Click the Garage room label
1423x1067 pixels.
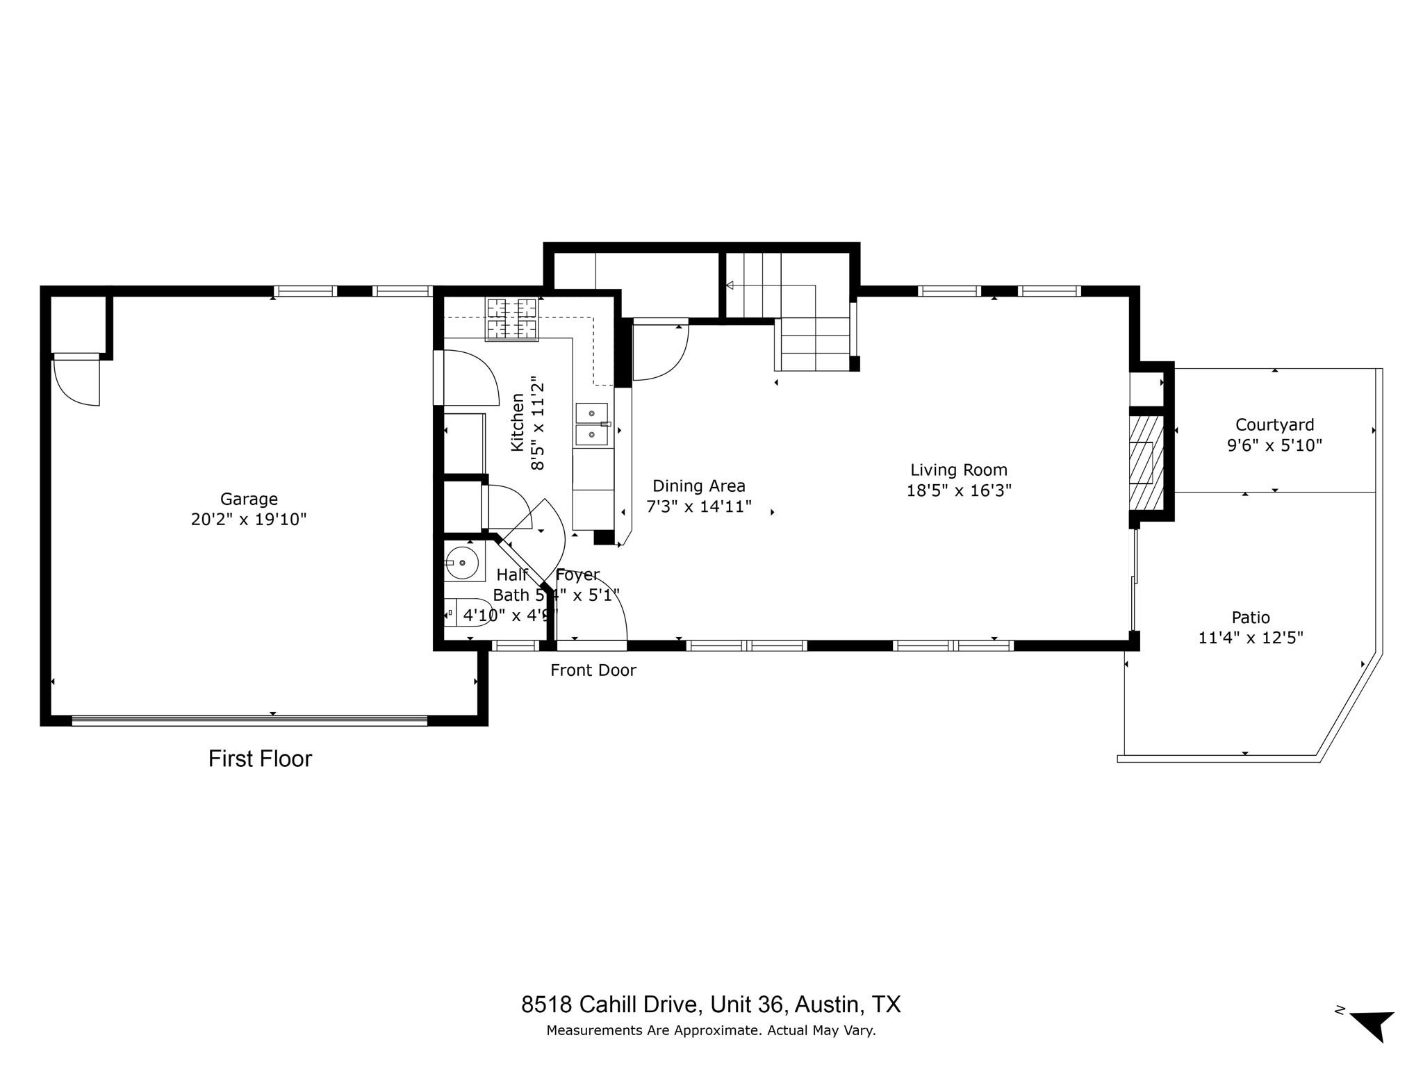coord(249,499)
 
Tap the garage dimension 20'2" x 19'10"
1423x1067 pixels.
coord(249,520)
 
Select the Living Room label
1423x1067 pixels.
coord(959,470)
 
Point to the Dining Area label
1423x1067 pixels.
coord(698,486)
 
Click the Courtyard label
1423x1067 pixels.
coord(1274,424)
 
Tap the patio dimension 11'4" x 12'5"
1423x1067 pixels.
coord(1250,638)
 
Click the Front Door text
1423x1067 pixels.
coord(593,670)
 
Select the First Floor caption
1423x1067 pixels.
coord(260,759)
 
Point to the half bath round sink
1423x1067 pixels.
coord(461,563)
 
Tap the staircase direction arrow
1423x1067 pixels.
coord(730,285)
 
